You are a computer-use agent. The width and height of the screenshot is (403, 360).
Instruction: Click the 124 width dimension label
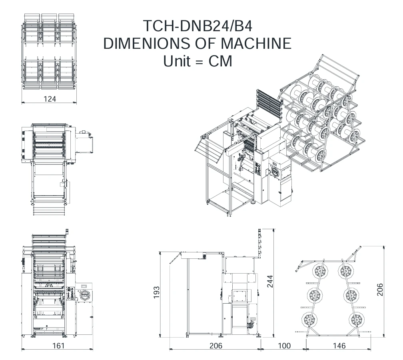pyautogui.click(x=49, y=99)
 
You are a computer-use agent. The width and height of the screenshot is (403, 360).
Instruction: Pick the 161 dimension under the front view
pyautogui.click(x=58, y=346)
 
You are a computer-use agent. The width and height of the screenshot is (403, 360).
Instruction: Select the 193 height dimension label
pyautogui.click(x=156, y=292)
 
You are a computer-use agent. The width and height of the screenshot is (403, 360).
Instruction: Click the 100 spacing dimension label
pyautogui.click(x=284, y=346)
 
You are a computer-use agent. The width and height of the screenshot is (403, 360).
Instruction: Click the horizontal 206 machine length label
pyautogui.click(x=216, y=346)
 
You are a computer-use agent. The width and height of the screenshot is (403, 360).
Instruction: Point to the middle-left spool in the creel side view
pyautogui.click(x=315, y=295)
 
